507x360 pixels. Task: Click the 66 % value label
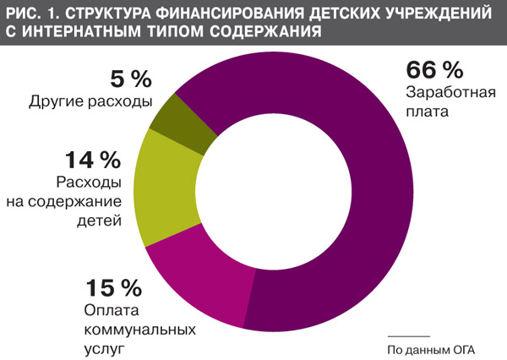coord(433,69)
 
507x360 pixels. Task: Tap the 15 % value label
coord(112,287)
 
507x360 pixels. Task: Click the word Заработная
coord(448,91)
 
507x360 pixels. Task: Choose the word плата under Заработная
coord(426,110)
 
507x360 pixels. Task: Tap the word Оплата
coord(108,309)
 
